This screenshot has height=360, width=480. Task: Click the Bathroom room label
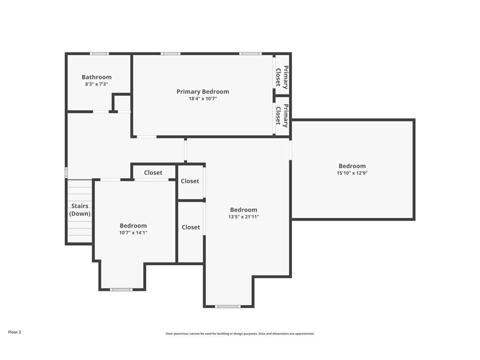pyautogui.click(x=97, y=77)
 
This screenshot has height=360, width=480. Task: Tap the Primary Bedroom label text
pyautogui.click(x=202, y=91)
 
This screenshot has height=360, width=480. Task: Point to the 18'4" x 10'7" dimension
pyautogui.click(x=202, y=98)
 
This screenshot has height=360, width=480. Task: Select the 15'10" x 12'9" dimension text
pyautogui.click(x=352, y=173)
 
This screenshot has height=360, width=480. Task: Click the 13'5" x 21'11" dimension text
pyautogui.click(x=244, y=217)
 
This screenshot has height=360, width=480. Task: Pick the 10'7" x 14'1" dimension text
pyautogui.click(x=133, y=232)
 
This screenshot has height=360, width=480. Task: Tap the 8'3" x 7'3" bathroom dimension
pyautogui.click(x=97, y=84)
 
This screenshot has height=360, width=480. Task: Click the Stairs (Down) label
pyautogui.click(x=80, y=210)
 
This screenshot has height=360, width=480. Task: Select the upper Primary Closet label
pyautogui.click(x=282, y=77)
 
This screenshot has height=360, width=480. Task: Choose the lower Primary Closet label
pyautogui.click(x=282, y=115)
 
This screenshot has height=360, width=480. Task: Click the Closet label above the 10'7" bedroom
pyautogui.click(x=153, y=172)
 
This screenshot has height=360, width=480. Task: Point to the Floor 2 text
pyautogui.click(x=15, y=332)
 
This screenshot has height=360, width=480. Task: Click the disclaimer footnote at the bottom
pyautogui.click(x=240, y=334)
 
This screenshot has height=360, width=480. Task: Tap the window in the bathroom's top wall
pyautogui.click(x=99, y=54)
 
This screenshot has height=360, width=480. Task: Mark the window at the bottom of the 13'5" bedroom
pyautogui.click(x=227, y=306)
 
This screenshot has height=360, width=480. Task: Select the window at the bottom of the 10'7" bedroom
pyautogui.click(x=121, y=289)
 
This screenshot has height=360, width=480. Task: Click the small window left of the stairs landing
pyautogui.click(x=66, y=172)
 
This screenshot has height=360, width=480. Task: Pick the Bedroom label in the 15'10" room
pyautogui.click(x=352, y=166)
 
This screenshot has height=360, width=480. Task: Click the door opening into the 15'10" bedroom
pyautogui.click(x=291, y=150)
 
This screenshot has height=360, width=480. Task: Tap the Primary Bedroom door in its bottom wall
pyautogui.click(x=147, y=136)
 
